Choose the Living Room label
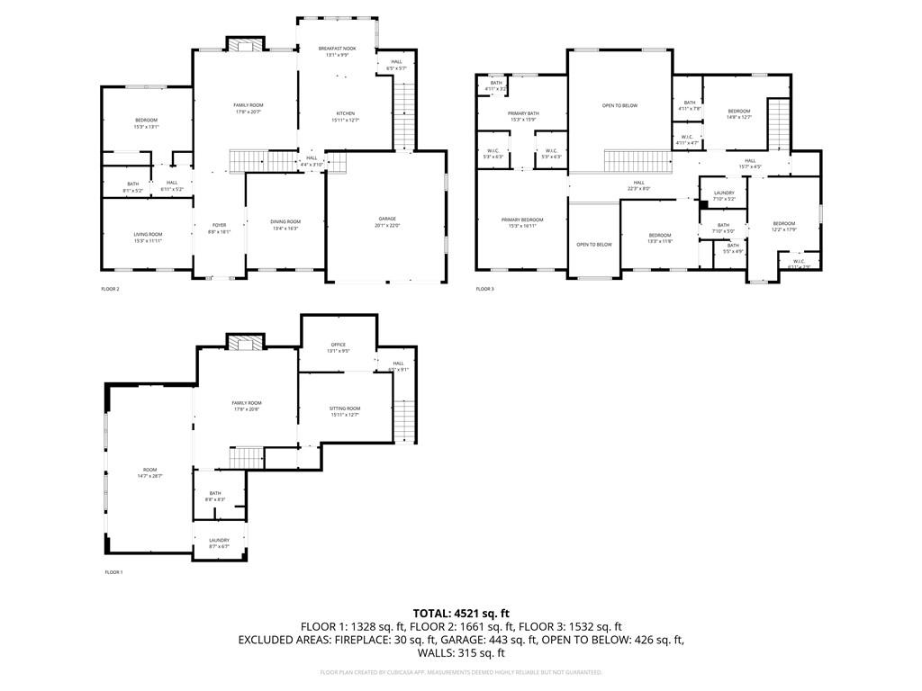pos(148,238)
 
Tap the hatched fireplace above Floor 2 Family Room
pos(245,46)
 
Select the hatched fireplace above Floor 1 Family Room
pos(245,342)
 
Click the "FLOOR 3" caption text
pos(484,289)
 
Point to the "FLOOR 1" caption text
pos(113,572)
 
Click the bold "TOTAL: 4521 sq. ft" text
pos(461,614)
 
